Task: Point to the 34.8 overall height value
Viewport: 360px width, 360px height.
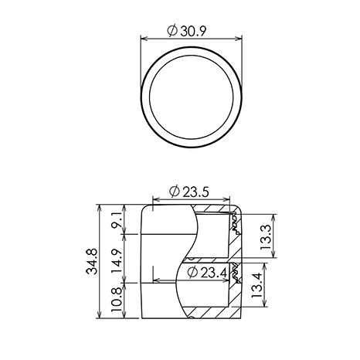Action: click(92, 261)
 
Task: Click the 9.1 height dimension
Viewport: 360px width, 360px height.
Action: click(117, 221)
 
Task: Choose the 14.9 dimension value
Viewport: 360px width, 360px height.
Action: click(117, 261)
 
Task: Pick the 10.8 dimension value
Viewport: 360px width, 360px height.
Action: click(117, 300)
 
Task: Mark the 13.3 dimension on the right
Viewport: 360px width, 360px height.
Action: click(266, 237)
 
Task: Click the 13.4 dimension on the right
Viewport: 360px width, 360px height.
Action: click(257, 285)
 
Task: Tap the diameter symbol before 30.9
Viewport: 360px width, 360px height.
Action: click(172, 31)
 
